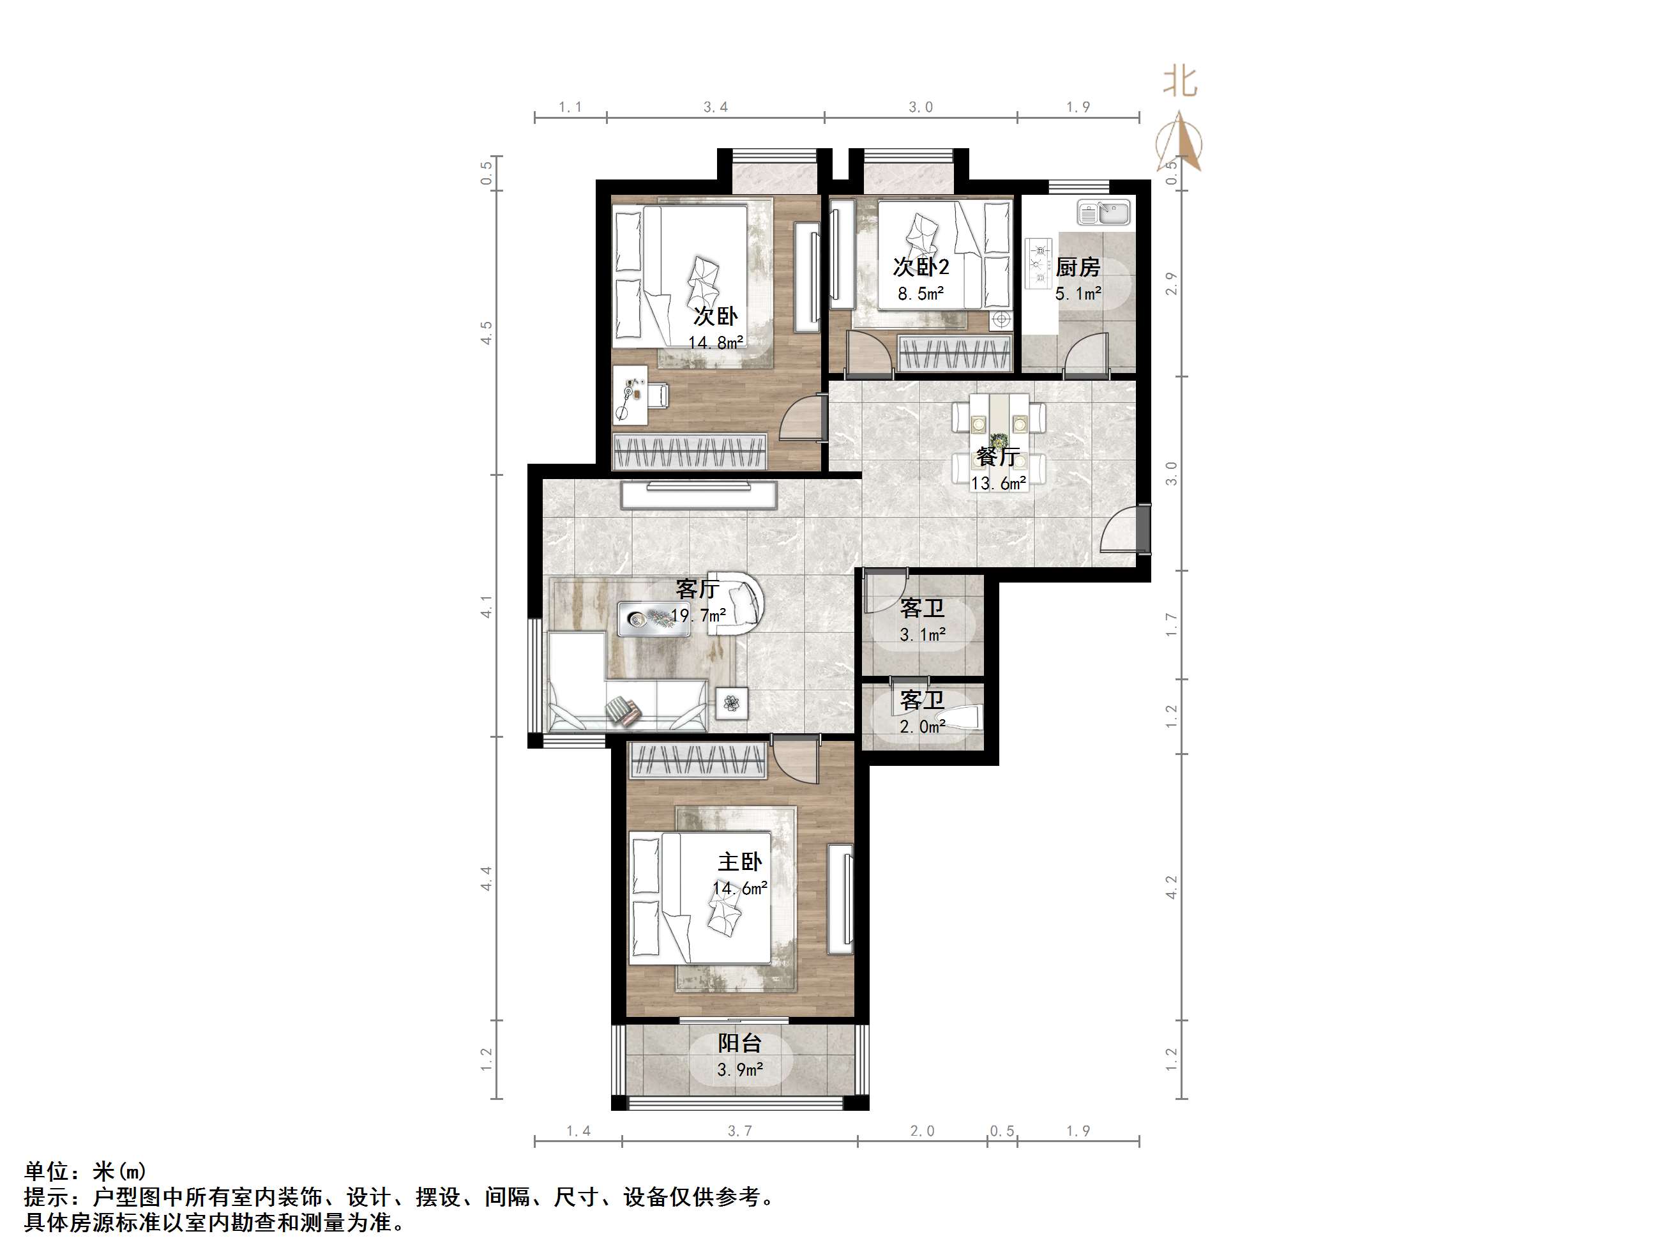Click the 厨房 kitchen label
(x=1077, y=267)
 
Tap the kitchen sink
(x=1104, y=213)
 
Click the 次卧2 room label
(x=921, y=267)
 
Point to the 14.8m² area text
(x=715, y=343)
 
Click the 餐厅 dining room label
(x=997, y=457)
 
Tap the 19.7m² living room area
(x=698, y=616)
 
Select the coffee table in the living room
(x=645, y=618)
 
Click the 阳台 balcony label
(x=739, y=1044)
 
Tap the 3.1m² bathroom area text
(x=923, y=635)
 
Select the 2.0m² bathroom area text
(x=923, y=727)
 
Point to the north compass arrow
(x=1179, y=141)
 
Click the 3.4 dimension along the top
(x=715, y=107)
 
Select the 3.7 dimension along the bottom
(x=739, y=1131)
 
